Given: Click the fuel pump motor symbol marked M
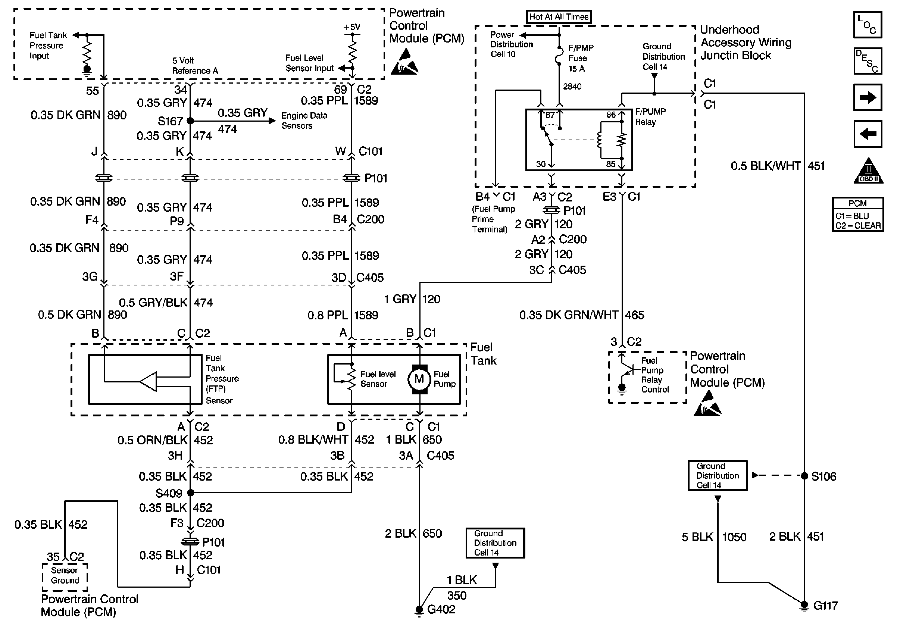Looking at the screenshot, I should (x=419, y=379).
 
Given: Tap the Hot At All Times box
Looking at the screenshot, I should (x=559, y=16).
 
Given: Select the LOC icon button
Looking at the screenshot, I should (x=868, y=25).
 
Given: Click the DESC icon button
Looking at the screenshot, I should (x=868, y=61).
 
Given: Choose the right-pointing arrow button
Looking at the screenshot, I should (x=868, y=97).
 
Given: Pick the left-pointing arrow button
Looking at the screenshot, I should (x=868, y=134).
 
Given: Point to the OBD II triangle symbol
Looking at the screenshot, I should (x=868, y=172).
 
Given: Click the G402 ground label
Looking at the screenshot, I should (x=441, y=609).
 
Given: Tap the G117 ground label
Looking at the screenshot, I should (x=825, y=606).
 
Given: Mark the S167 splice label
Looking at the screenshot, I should (x=170, y=121).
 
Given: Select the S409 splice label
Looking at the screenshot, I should (x=169, y=493).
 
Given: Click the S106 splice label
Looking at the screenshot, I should (x=823, y=476).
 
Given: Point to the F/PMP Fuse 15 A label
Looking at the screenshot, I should (x=581, y=58).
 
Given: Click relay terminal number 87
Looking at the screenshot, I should (x=550, y=115).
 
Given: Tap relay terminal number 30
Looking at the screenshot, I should (x=541, y=164).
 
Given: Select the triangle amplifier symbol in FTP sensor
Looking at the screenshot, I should (x=149, y=381).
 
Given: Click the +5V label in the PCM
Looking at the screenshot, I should (x=351, y=27).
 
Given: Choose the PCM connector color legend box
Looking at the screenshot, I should (x=857, y=214).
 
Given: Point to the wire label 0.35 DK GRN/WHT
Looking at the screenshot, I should (x=568, y=315).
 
